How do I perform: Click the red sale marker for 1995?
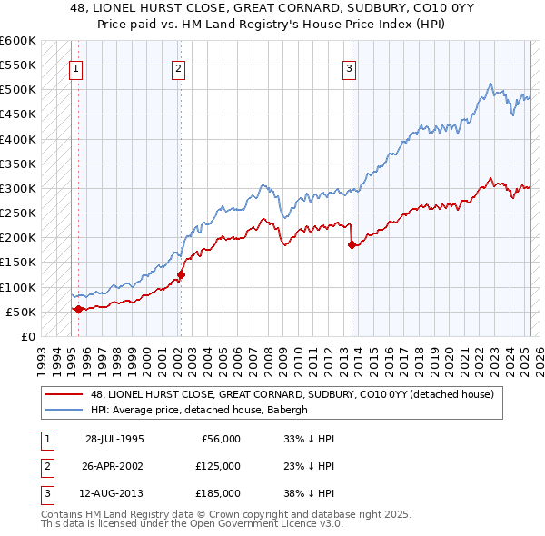(x=78, y=309)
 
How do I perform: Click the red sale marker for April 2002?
(x=181, y=274)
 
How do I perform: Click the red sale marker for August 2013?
(x=352, y=244)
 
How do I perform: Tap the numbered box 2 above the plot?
(x=179, y=67)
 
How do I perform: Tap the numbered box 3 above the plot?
(x=350, y=67)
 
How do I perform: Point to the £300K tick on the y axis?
(x=20, y=189)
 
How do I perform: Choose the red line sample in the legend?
(x=66, y=394)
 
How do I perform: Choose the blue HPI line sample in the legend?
(x=66, y=409)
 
